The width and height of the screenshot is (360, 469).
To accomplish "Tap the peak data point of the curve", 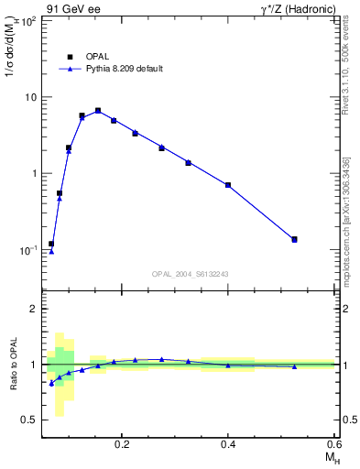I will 98,111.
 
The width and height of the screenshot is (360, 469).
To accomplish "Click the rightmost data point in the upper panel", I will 294,239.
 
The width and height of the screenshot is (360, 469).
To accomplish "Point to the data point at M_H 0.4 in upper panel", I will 228,185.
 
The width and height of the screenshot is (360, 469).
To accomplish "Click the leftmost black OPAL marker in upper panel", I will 51,244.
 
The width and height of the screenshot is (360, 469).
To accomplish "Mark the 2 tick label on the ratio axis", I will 32,309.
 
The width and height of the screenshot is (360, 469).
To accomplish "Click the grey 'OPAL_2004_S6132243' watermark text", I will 190,274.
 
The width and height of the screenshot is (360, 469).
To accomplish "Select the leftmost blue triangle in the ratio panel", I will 51,383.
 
